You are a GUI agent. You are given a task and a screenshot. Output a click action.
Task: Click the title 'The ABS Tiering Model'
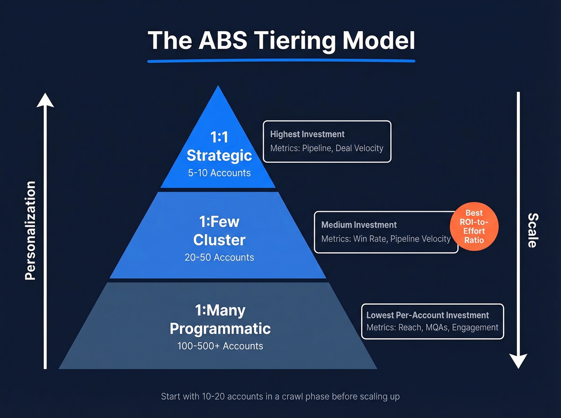[281, 41]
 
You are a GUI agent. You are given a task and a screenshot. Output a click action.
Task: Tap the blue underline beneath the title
[281, 61]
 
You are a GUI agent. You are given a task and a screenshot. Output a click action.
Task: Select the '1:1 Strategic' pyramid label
[219, 146]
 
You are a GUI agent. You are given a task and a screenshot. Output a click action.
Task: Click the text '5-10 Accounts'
[219, 173]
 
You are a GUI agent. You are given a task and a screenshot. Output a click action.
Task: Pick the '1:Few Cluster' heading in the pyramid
[219, 231]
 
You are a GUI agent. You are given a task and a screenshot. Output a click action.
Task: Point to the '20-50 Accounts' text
[219, 257]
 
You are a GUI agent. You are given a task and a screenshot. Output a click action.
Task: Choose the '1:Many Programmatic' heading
[220, 319]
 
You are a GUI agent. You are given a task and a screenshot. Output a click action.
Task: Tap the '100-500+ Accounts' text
[220, 346]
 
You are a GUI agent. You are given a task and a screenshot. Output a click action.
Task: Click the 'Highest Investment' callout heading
[307, 134]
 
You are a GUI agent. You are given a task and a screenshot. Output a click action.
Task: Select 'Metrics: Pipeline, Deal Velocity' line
[327, 148]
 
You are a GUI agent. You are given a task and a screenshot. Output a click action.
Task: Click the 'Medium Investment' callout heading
[359, 225]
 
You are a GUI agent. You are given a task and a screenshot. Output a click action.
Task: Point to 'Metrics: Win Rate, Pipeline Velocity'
[385, 239]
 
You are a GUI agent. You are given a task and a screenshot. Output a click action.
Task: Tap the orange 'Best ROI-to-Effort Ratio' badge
[474, 226]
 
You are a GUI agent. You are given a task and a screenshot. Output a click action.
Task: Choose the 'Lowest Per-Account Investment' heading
[427, 315]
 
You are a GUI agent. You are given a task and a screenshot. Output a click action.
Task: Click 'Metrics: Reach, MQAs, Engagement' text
[432, 328]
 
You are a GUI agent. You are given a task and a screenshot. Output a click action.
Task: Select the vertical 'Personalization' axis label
[30, 230]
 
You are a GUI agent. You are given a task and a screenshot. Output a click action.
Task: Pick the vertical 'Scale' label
[533, 230]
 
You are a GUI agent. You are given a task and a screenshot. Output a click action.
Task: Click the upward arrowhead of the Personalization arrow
[45, 100]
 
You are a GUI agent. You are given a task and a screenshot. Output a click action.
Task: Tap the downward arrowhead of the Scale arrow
[518, 361]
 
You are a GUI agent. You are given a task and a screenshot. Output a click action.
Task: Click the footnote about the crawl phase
[280, 396]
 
